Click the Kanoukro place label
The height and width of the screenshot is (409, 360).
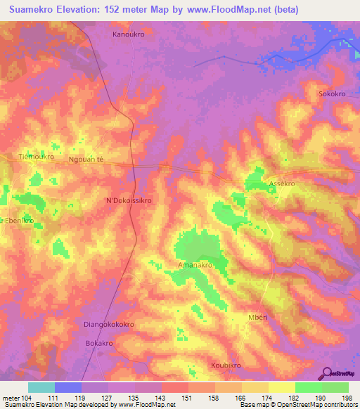tap(129, 33)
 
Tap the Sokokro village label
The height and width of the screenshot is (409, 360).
tap(333, 93)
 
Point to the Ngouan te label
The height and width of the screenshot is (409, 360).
tap(86, 160)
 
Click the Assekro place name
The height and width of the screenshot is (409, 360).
tap(281, 183)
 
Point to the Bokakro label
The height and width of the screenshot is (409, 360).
tap(99, 343)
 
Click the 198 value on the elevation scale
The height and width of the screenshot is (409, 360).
tap(345, 398)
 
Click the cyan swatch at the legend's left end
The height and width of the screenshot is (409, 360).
tap(41, 387)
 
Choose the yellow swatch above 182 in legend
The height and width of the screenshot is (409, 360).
tap(281, 387)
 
